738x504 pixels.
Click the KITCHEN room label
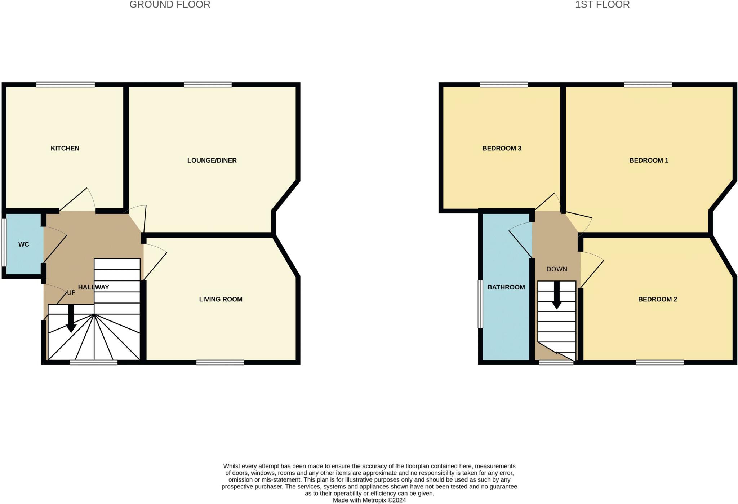[65, 148]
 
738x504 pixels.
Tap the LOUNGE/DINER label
[212, 160]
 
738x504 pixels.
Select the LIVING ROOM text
[221, 299]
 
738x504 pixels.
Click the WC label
[24, 244]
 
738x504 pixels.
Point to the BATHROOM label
[506, 287]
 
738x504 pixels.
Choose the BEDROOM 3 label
[502, 148]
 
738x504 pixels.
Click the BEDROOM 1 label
[649, 160]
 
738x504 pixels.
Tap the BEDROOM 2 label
[657, 299]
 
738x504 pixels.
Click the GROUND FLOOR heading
[170, 5]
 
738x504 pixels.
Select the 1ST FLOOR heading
[602, 5]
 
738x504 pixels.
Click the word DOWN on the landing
[557, 269]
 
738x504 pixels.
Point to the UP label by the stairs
[71, 293]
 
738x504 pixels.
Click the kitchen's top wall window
[65, 85]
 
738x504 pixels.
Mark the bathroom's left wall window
[480, 304]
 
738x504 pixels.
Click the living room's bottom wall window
[220, 362]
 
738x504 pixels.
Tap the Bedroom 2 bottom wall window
[659, 362]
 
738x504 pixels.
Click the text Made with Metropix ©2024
[369, 500]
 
